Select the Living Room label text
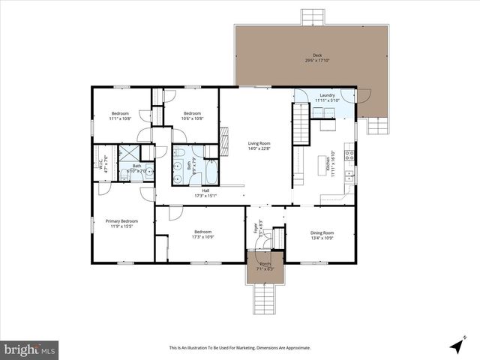coord(259,145)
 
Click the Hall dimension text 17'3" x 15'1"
coord(205,196)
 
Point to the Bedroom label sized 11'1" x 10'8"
coord(121,115)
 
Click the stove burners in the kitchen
coord(349,156)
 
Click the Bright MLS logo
coord(30,349)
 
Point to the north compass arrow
coord(456,346)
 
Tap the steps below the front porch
coord(265,299)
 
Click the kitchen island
coord(324,164)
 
